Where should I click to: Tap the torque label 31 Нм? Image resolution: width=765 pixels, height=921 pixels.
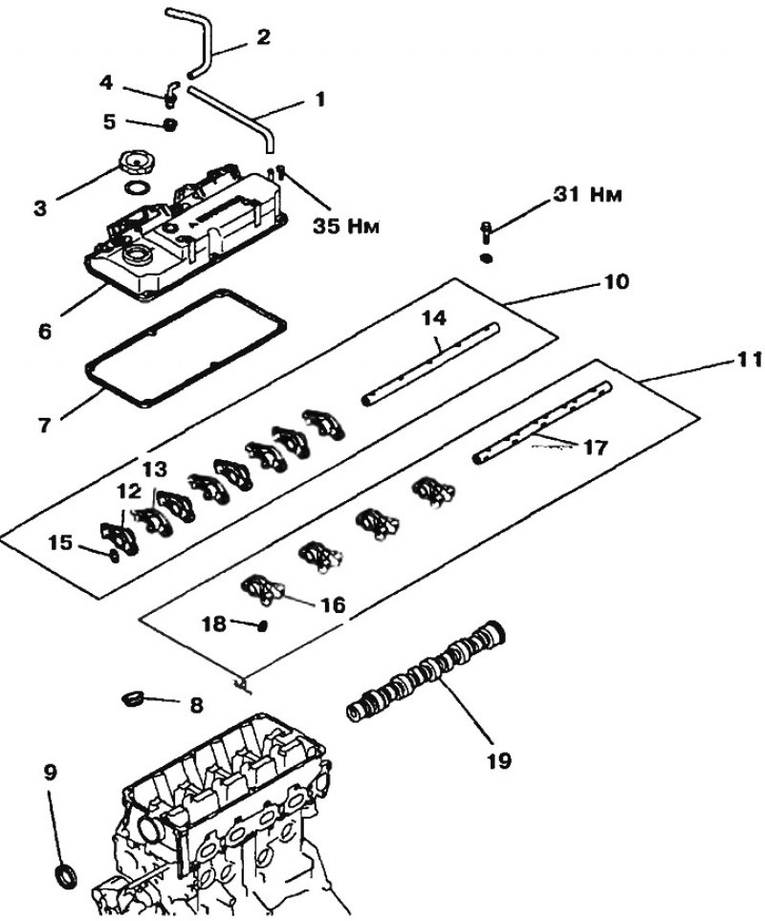coord(587,194)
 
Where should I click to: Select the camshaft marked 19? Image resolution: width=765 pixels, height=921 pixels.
coord(426,671)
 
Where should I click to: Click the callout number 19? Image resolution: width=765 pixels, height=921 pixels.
coord(498,760)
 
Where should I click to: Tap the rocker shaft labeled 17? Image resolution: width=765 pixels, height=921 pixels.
coord(543,423)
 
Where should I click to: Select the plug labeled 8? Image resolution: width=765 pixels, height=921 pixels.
coord(132,699)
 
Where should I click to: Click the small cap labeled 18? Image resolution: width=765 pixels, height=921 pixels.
coord(262,626)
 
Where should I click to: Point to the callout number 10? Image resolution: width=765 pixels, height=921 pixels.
coord(615,282)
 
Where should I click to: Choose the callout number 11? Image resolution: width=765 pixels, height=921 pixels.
coord(749,360)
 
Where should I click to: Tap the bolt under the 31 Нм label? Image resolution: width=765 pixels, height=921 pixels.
coord(486,232)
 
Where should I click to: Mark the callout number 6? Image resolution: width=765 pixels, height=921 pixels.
coord(45,331)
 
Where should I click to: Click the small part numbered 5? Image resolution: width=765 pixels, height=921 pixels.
coord(170,124)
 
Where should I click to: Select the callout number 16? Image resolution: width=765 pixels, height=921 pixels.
coord(334,605)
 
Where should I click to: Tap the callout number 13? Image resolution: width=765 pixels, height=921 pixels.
coord(154,470)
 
